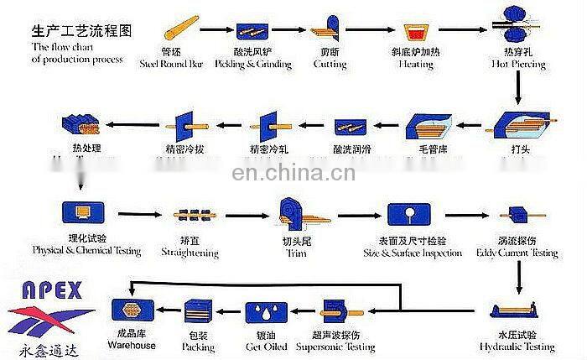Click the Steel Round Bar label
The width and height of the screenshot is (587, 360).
[x=172, y=62]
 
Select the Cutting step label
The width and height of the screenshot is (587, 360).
[x=330, y=62]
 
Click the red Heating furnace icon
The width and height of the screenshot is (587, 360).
[x=415, y=33]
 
